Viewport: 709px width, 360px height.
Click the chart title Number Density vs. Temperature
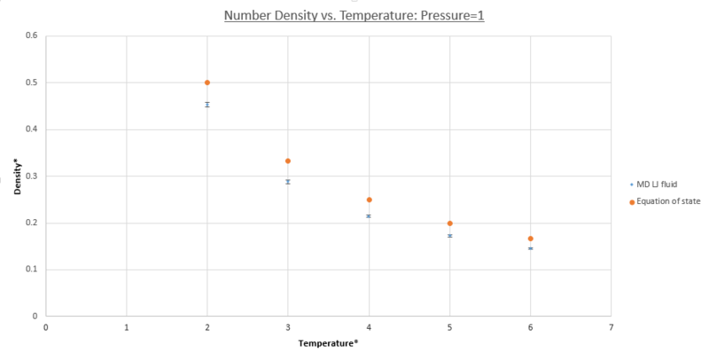pyautogui.click(x=354, y=15)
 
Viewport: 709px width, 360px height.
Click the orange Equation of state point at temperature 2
pyautogui.click(x=207, y=82)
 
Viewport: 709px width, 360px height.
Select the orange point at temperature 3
pyautogui.click(x=288, y=160)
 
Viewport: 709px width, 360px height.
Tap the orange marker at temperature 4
pyautogui.click(x=369, y=200)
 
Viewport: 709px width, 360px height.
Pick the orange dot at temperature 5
pyautogui.click(x=450, y=223)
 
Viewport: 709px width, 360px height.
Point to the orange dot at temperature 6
pyautogui.click(x=530, y=239)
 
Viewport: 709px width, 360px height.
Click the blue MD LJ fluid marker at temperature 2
pyautogui.click(x=207, y=105)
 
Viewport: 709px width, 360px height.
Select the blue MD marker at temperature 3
pyautogui.click(x=288, y=182)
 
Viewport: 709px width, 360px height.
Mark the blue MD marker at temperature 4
pyautogui.click(x=369, y=215)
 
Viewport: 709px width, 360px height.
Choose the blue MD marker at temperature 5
pyautogui.click(x=450, y=236)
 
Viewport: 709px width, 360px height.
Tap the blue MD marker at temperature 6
pyautogui.click(x=530, y=248)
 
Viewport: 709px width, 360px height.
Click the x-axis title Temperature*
pyautogui.click(x=328, y=342)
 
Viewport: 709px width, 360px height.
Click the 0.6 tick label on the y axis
pyautogui.click(x=31, y=36)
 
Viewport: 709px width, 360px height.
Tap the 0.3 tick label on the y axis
pyautogui.click(x=31, y=176)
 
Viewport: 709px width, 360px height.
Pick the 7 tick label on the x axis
pyautogui.click(x=611, y=326)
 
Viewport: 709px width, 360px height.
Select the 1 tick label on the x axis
pyautogui.click(x=127, y=326)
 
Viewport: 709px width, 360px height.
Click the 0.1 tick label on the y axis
pyautogui.click(x=31, y=270)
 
